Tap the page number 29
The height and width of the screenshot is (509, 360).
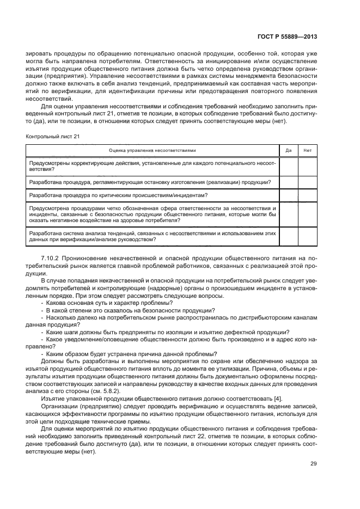[314, 464]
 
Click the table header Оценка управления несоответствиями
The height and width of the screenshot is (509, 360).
[152, 150]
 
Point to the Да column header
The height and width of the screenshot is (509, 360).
[289, 150]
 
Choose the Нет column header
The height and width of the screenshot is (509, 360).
[307, 150]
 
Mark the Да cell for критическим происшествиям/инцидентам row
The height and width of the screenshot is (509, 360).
[289, 195]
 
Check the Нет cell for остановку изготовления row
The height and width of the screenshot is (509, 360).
[307, 182]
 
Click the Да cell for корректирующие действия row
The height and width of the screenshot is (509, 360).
[289, 166]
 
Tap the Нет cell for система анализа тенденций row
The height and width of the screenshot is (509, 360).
[307, 236]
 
